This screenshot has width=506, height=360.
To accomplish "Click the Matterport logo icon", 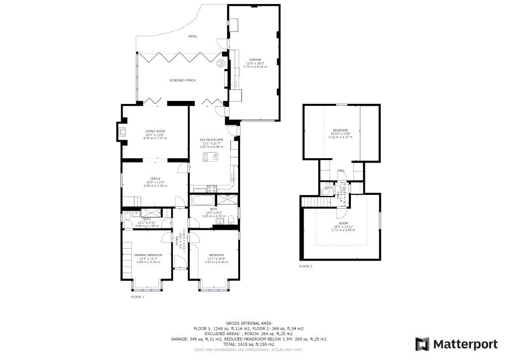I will (x=422, y=344).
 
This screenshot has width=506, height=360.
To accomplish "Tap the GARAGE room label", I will (x=254, y=60).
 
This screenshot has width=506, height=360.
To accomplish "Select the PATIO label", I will (x=192, y=37).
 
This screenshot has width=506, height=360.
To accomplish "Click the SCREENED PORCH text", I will (x=182, y=81).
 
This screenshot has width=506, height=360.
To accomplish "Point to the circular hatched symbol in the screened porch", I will (x=220, y=63).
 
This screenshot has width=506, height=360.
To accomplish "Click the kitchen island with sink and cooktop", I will (x=211, y=157).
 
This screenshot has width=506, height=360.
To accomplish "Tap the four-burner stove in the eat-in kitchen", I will (x=211, y=189).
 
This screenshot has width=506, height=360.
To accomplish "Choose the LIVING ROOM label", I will (x=155, y=131).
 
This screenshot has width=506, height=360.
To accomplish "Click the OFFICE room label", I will (x=155, y=179).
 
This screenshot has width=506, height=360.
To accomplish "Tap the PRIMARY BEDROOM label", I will (x=148, y=255).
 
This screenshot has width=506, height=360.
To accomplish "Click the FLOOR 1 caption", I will (x=137, y=297).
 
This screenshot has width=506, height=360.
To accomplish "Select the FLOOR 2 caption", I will (x=306, y=267).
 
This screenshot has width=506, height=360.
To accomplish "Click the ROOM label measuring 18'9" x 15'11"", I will (x=343, y=224).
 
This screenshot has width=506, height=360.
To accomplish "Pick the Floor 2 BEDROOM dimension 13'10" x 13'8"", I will (x=341, y=133).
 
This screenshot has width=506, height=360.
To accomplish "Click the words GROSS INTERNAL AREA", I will (x=249, y=323).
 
